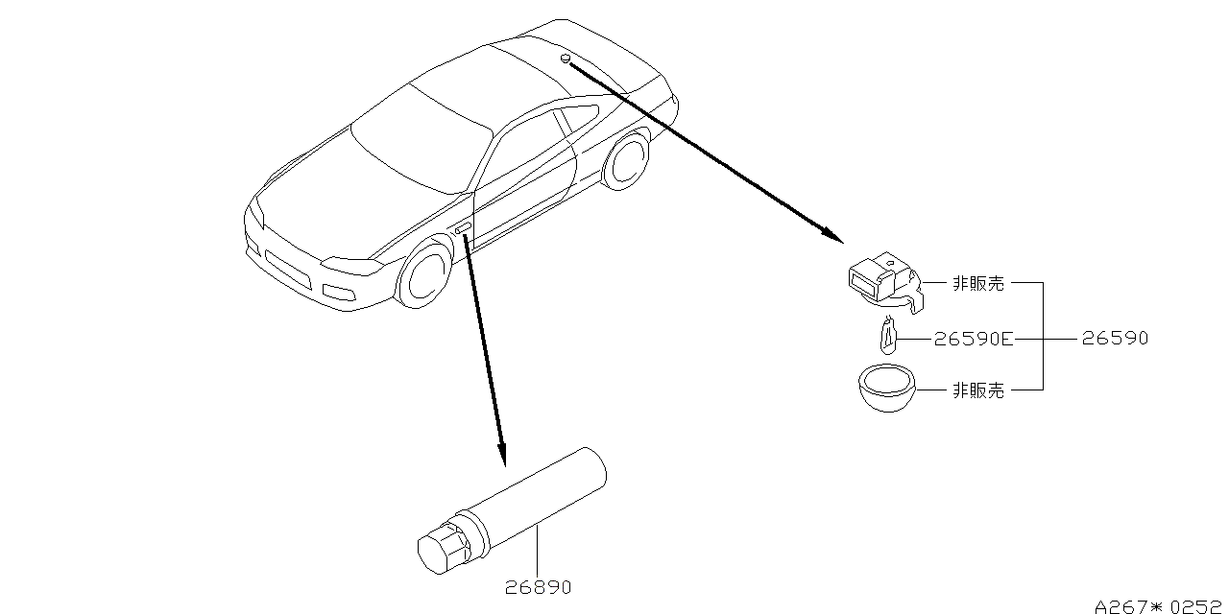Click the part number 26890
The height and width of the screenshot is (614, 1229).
click(x=538, y=587)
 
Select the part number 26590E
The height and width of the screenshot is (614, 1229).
click(x=974, y=339)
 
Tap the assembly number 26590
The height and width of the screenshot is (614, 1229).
click(x=1115, y=338)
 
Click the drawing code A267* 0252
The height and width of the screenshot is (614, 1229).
click(x=1159, y=606)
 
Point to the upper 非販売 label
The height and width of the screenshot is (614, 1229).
click(x=978, y=283)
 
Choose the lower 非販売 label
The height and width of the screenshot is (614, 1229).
click(x=978, y=390)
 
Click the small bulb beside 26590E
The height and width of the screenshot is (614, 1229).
click(x=888, y=336)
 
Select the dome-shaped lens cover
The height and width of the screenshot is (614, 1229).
click(x=887, y=389)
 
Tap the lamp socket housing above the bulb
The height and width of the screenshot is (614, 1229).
click(x=885, y=282)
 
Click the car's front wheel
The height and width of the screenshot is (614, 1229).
click(x=424, y=272)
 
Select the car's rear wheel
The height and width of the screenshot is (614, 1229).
click(x=627, y=159)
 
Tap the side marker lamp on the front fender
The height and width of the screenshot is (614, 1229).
click(x=463, y=228)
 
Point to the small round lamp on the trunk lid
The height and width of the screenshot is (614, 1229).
click(x=566, y=59)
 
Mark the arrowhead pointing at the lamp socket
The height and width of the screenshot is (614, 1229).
click(x=832, y=235)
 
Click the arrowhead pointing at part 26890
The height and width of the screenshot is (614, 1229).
click(x=501, y=455)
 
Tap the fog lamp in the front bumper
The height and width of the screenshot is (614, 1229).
click(x=339, y=293)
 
